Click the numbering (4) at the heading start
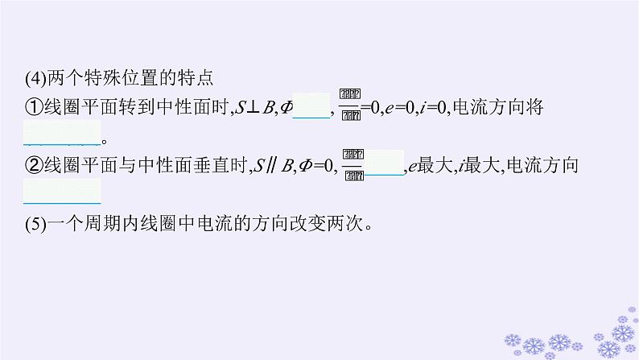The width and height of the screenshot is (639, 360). (x=35, y=79)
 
